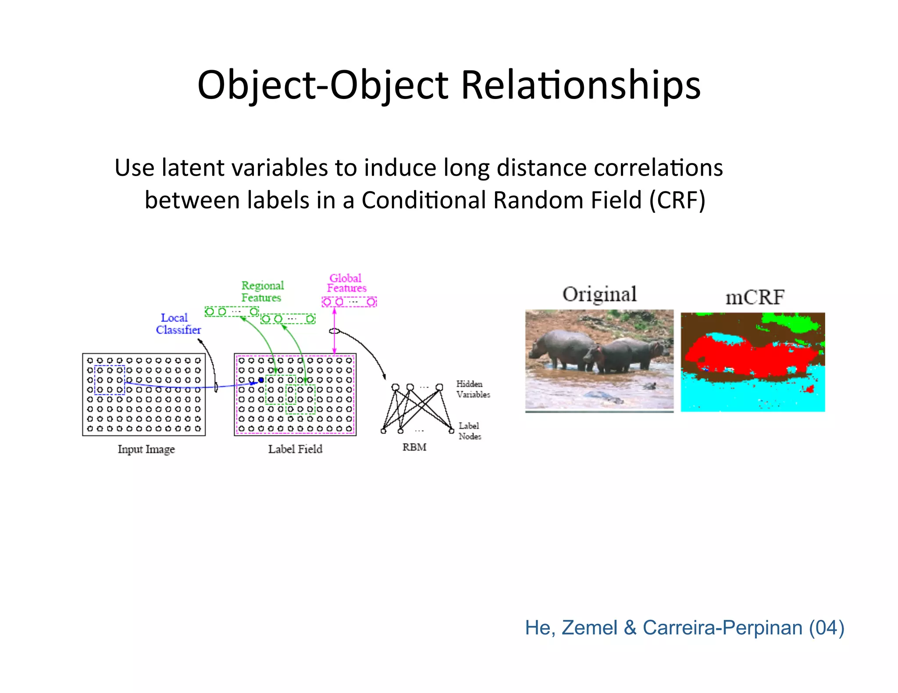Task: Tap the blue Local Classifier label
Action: pyautogui.click(x=178, y=324)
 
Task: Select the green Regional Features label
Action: pyautogui.click(x=262, y=292)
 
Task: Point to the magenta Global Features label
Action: pyautogui.click(x=346, y=283)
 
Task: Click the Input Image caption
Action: pyautogui.click(x=146, y=449)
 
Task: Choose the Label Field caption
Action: pyautogui.click(x=295, y=449)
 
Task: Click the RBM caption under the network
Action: pyautogui.click(x=414, y=448)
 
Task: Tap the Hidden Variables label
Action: pyautogui.click(x=473, y=389)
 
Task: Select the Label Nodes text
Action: pyautogui.click(x=470, y=431)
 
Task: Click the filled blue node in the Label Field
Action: pyautogui.click(x=261, y=380)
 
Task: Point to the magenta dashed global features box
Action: pyautogui.click(x=349, y=302)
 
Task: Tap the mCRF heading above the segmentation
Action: pyautogui.click(x=755, y=298)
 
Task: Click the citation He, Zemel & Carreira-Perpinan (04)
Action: pyautogui.click(x=684, y=628)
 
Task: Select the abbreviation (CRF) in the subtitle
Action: pyautogui.click(x=677, y=201)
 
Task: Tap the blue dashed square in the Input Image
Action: pyautogui.click(x=110, y=380)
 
